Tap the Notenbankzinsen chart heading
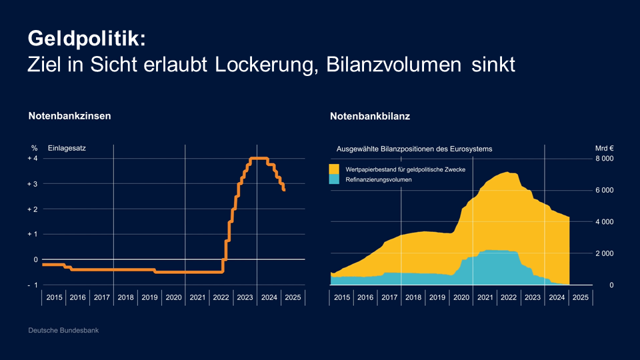tap(69, 116)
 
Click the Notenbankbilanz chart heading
tap(369, 116)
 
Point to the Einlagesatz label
tap(67, 148)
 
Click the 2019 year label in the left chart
tap(149, 297)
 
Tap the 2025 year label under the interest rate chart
tap(292, 297)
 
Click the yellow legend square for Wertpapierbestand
tap(335, 169)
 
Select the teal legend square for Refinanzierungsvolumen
tap(335, 180)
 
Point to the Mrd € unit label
tap(604, 149)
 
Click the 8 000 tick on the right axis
tap(604, 159)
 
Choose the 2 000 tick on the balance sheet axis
tap(604, 253)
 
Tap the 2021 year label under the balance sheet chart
tap(485, 297)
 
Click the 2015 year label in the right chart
tap(342, 297)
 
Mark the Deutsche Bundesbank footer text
tap(63, 331)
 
